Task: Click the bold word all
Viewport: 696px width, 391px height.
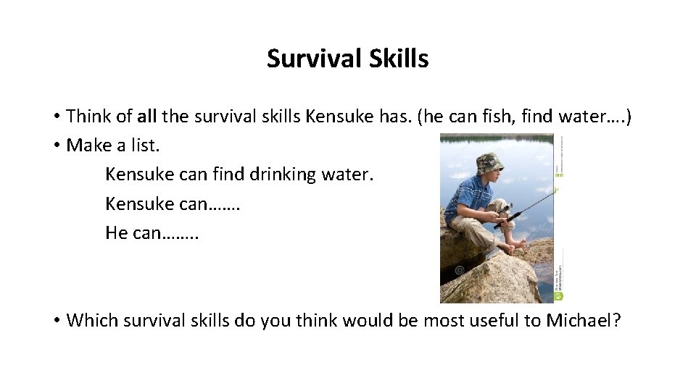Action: tap(147, 116)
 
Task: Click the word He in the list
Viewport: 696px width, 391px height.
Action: tap(117, 233)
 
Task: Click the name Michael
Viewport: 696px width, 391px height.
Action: tap(583, 320)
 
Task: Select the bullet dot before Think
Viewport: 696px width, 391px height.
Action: tap(56, 117)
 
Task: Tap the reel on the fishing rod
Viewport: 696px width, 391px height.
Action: tap(503, 210)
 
